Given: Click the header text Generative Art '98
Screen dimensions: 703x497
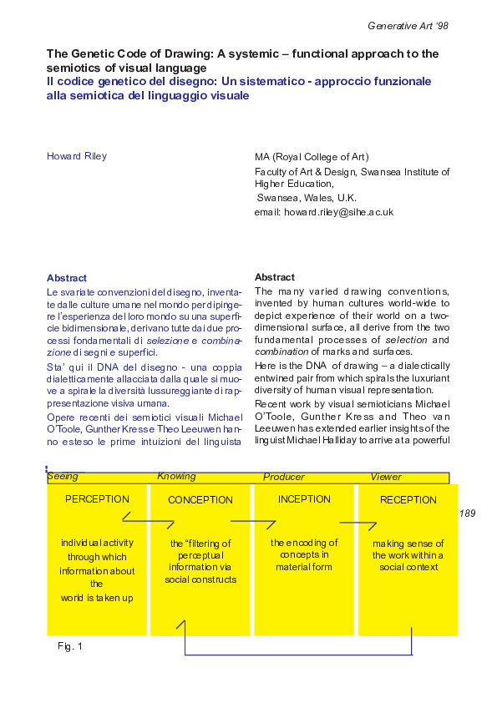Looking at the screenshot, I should click(x=408, y=26).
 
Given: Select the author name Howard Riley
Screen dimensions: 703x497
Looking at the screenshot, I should click(x=77, y=156).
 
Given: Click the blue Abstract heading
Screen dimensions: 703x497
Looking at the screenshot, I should click(x=67, y=278).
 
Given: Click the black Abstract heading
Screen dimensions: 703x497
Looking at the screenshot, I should click(x=274, y=277).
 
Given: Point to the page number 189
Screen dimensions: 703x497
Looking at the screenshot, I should click(x=467, y=513).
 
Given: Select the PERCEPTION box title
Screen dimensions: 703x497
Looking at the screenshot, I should click(x=97, y=499).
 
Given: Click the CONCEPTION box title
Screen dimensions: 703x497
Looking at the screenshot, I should click(x=200, y=500).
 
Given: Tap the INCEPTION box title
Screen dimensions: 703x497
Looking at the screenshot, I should click(x=304, y=499).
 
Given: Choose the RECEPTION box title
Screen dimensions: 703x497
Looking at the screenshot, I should click(x=408, y=500).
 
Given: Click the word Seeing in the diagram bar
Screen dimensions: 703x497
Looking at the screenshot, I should click(x=63, y=477).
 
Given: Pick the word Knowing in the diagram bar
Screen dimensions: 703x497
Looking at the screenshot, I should click(x=176, y=477).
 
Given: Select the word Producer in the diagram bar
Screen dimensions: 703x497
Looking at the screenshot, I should click(x=284, y=477).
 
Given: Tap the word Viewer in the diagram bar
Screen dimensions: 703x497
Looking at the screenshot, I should click(x=386, y=477).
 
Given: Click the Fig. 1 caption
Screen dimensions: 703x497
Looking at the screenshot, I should click(x=70, y=646).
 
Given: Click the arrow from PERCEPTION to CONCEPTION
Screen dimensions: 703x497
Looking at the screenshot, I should click(x=148, y=522).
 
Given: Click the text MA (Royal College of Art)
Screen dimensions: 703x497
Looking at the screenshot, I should click(x=312, y=157).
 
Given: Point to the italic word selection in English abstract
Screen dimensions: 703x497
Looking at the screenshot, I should click(x=406, y=340).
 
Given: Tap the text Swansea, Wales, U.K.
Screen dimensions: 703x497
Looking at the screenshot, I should click(x=306, y=199).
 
